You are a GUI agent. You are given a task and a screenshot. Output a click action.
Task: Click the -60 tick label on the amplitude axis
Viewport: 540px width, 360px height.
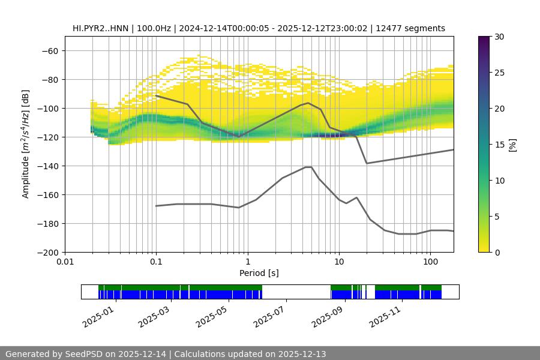coord(49,51)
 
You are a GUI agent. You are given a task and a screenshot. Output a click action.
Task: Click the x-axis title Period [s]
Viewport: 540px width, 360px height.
coord(259,274)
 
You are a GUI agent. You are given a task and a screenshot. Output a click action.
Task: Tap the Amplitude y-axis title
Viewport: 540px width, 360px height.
coord(26,145)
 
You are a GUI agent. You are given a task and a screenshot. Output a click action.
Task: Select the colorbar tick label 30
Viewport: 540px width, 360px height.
coord(499,37)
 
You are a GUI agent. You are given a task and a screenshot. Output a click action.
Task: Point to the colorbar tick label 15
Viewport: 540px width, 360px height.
coord(499,145)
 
